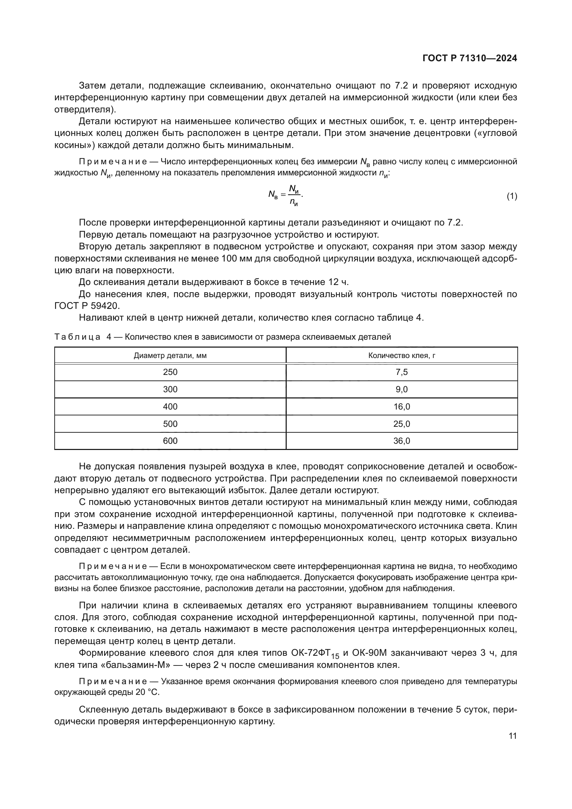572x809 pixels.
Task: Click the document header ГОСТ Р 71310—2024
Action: (470, 58)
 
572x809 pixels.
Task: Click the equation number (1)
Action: (512, 196)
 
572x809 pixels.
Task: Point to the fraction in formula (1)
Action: (293, 195)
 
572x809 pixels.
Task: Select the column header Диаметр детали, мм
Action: (170, 356)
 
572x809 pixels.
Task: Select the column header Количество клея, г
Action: (402, 356)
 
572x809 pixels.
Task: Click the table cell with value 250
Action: (170, 372)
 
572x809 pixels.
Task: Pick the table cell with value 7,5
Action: (402, 372)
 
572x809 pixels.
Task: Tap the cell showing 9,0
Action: (402, 389)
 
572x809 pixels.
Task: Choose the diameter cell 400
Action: (170, 407)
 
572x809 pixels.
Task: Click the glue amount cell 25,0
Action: (402, 424)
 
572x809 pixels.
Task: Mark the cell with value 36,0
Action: (402, 441)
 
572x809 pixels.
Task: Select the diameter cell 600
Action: (170, 441)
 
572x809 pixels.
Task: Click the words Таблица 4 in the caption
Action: (82, 337)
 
